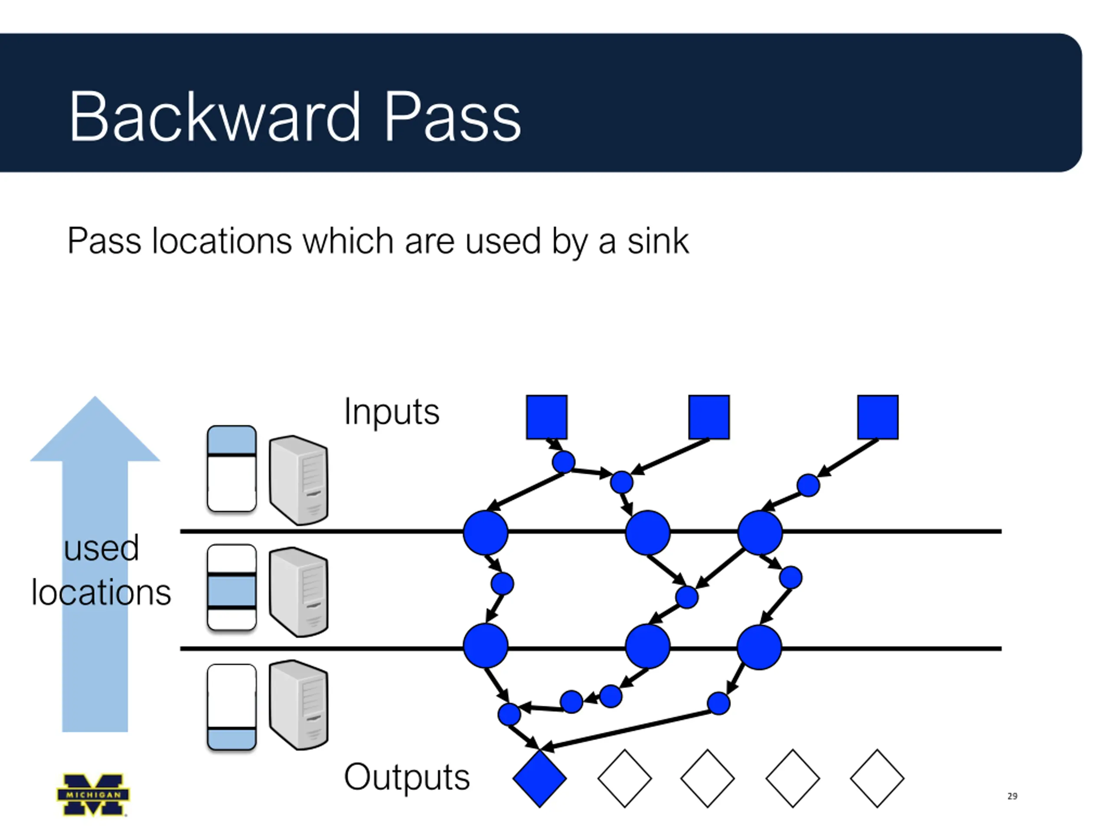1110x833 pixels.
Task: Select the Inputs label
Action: click(392, 412)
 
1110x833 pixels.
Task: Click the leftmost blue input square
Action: click(546, 417)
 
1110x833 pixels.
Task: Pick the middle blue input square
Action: click(708, 417)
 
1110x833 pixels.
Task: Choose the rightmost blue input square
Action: click(878, 417)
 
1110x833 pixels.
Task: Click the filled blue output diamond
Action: click(539, 779)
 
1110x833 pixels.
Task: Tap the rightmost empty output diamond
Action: click(877, 779)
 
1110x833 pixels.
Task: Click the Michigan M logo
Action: click(93, 794)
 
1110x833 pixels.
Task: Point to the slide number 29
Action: click(1012, 796)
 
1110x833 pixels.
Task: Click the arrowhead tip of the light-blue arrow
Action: click(95, 397)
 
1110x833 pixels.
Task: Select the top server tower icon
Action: click(299, 479)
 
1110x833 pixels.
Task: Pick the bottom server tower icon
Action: click(299, 705)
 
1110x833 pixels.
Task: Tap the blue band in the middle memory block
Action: click(232, 591)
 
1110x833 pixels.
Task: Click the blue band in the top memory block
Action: click(232, 440)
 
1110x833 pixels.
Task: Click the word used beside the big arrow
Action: click(101, 548)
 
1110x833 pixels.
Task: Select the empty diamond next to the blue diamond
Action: click(624, 779)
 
